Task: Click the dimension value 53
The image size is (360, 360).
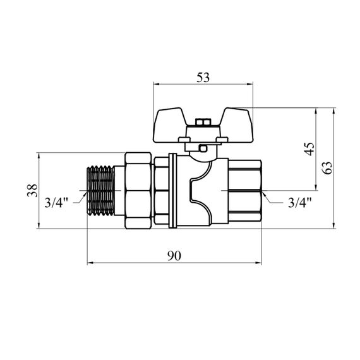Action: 203,78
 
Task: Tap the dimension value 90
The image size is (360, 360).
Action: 174,256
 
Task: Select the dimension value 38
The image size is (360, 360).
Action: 32,190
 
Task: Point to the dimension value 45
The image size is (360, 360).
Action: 310,149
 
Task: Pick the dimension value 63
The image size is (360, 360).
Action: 327,168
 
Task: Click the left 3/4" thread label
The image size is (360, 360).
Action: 56,203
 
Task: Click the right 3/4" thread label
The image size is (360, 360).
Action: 300,203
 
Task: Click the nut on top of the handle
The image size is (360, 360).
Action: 203,122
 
